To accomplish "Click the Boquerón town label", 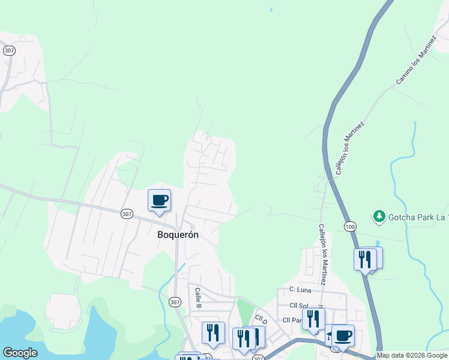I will click(x=178, y=235).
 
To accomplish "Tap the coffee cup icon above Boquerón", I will click(x=159, y=200).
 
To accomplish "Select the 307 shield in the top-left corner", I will click(x=9, y=51).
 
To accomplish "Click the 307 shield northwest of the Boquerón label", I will click(x=126, y=214).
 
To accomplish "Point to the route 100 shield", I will click(x=350, y=226).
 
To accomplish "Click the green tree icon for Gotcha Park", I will click(x=379, y=215).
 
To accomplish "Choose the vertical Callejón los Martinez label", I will click(x=322, y=254).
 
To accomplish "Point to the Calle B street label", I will click(x=197, y=298).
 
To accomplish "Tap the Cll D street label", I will click(x=261, y=319).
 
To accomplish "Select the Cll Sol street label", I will click(x=298, y=305).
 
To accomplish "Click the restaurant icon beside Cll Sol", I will click(x=313, y=319).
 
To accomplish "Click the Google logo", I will click(x=20, y=353).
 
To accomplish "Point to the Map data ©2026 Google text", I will click(x=412, y=355).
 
